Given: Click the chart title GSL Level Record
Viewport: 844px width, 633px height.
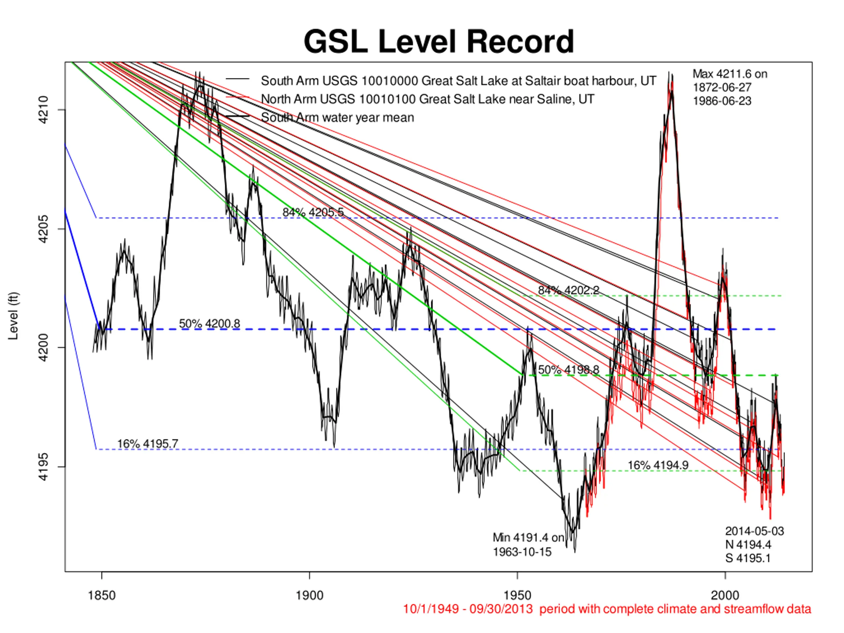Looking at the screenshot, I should tap(438, 42).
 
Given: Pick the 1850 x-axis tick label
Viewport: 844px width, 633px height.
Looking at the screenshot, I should tap(102, 596).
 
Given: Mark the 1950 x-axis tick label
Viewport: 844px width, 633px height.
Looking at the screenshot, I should tap(517, 596).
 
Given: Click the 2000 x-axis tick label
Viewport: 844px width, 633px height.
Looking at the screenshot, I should tap(725, 596).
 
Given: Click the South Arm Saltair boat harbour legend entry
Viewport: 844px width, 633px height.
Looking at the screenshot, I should tap(458, 81).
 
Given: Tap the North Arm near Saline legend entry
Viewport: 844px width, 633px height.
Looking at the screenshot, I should tap(427, 99).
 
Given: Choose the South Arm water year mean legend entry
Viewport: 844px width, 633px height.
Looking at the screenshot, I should tap(337, 117).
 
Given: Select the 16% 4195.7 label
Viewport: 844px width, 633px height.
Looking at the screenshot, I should tap(147, 444).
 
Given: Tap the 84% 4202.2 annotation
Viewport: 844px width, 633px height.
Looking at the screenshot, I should tap(568, 290).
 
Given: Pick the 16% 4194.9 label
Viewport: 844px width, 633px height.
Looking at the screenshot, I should tap(658, 465).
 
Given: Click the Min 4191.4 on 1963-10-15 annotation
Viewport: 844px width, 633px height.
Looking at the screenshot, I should tap(528, 545).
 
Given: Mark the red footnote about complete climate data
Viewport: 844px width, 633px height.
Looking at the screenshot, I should tap(607, 609).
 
